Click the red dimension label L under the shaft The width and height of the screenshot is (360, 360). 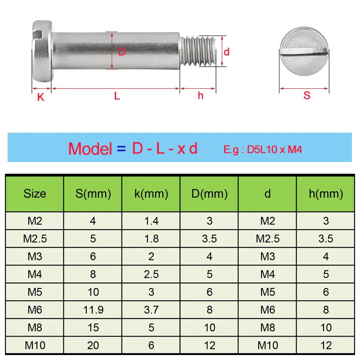(x=117, y=96)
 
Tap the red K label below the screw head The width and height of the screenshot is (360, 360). (x=40, y=97)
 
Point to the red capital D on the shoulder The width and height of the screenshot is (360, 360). (x=122, y=52)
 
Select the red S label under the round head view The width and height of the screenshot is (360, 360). (x=307, y=95)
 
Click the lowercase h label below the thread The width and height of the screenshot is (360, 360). (x=200, y=95)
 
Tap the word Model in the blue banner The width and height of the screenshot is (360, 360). (x=90, y=148)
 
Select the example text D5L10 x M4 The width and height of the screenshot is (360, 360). (x=274, y=149)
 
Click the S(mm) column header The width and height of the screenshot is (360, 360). (x=93, y=194)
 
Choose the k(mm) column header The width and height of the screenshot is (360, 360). (x=151, y=194)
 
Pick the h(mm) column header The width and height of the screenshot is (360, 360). (x=326, y=194)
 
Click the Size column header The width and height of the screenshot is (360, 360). (x=35, y=194)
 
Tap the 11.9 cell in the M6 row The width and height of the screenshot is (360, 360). (x=93, y=310)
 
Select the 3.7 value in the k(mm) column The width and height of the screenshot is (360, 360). (x=151, y=310)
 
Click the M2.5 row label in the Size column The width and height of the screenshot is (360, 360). (x=35, y=238)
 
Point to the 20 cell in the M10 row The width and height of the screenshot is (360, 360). (x=93, y=345)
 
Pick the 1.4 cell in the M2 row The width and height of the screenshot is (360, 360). (x=151, y=221)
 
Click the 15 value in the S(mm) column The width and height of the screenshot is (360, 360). (x=93, y=328)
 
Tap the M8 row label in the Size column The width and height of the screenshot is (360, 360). (x=35, y=328)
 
